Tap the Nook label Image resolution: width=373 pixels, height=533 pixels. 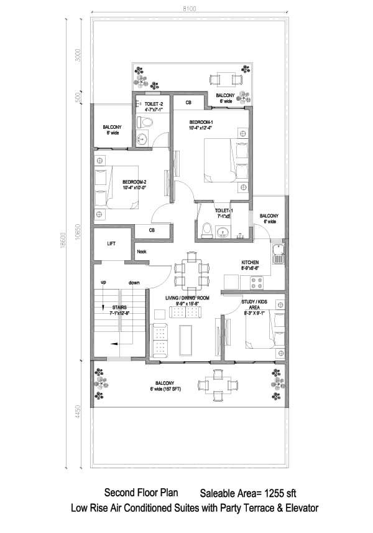tap(142, 252)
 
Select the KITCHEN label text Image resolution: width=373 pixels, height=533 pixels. tap(249, 262)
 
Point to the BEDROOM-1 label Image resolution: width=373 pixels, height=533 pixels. tap(201, 121)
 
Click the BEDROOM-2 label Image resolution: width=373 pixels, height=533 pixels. tap(134, 182)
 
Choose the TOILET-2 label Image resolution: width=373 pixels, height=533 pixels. tap(153, 103)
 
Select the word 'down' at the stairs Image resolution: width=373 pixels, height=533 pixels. tap(134, 282)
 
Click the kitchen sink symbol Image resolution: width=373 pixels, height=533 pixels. tap(278, 254)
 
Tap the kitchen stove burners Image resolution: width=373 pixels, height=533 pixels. tap(256, 283)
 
